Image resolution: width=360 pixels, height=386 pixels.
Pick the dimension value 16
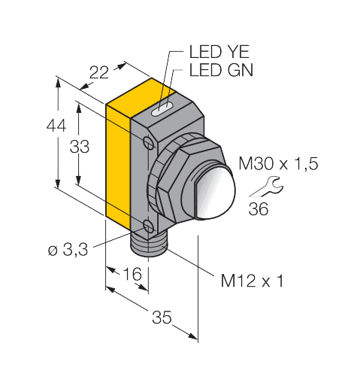click(132, 275)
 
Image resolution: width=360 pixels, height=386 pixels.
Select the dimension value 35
click(161, 318)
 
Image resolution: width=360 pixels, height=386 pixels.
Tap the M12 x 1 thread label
click(252, 281)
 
